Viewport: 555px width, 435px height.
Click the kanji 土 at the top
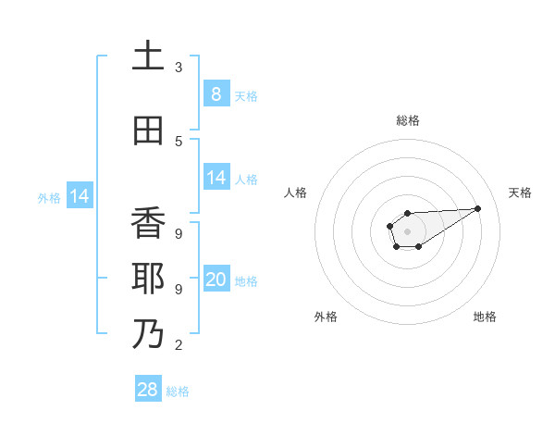click(x=148, y=56)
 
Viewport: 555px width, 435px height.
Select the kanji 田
click(x=148, y=130)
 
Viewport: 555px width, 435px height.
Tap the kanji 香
click(x=148, y=223)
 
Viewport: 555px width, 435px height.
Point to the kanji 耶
click(x=148, y=279)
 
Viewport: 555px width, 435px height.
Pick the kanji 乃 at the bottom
click(x=148, y=334)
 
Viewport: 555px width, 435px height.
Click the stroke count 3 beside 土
click(x=179, y=68)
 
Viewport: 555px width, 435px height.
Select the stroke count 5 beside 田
click(x=179, y=142)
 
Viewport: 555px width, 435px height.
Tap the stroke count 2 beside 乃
click(x=179, y=345)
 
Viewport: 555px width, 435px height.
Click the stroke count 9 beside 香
click(x=179, y=234)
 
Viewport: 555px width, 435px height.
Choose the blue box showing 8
click(x=216, y=93)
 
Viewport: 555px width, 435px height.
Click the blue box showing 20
click(x=216, y=280)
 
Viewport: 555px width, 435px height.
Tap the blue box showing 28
click(x=148, y=390)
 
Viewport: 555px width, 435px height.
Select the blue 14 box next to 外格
click(x=80, y=196)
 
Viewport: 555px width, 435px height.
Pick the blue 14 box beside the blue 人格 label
click(x=216, y=178)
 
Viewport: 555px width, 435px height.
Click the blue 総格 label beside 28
click(x=178, y=391)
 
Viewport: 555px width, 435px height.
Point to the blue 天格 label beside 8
click(x=246, y=95)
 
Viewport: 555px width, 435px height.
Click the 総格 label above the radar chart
click(x=408, y=120)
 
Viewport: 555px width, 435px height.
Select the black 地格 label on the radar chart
click(x=485, y=317)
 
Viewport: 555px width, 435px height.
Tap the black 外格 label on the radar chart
click(x=326, y=317)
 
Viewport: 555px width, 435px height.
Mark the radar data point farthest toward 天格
click(x=478, y=207)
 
